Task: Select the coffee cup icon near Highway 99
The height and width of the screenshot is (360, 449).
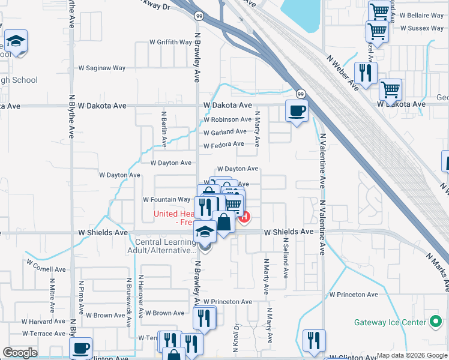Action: [x=297, y=111]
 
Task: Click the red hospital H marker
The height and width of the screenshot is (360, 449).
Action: [x=245, y=217]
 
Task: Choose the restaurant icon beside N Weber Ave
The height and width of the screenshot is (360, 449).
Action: [x=365, y=73]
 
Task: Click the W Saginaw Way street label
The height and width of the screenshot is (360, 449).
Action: [x=102, y=68]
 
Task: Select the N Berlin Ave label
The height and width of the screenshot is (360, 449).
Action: [x=164, y=128]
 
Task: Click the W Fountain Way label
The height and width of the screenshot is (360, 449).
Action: [x=166, y=200]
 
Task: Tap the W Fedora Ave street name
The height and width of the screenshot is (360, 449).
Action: [x=223, y=145]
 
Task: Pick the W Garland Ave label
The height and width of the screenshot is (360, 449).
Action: [x=224, y=132]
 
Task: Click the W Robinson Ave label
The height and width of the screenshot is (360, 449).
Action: [x=227, y=119]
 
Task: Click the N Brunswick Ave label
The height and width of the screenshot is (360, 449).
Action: [x=129, y=302]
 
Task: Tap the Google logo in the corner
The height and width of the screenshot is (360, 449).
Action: [x=20, y=352]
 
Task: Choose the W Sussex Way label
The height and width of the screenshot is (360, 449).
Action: [x=421, y=28]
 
